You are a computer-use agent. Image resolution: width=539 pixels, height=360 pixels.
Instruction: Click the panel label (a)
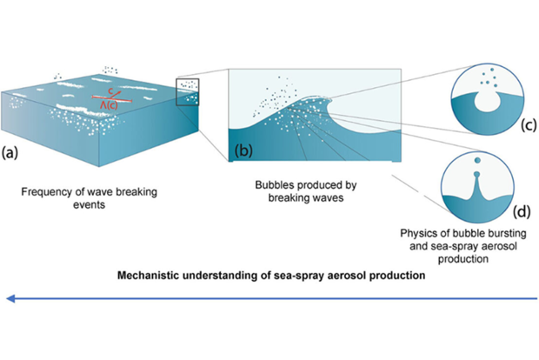coord(10,153)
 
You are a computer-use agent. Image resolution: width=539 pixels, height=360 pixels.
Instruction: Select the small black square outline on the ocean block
coord(187,91)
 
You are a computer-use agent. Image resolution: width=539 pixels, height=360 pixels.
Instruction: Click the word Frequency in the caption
coord(44,190)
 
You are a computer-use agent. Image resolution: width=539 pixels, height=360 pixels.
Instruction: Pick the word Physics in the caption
coord(419,234)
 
